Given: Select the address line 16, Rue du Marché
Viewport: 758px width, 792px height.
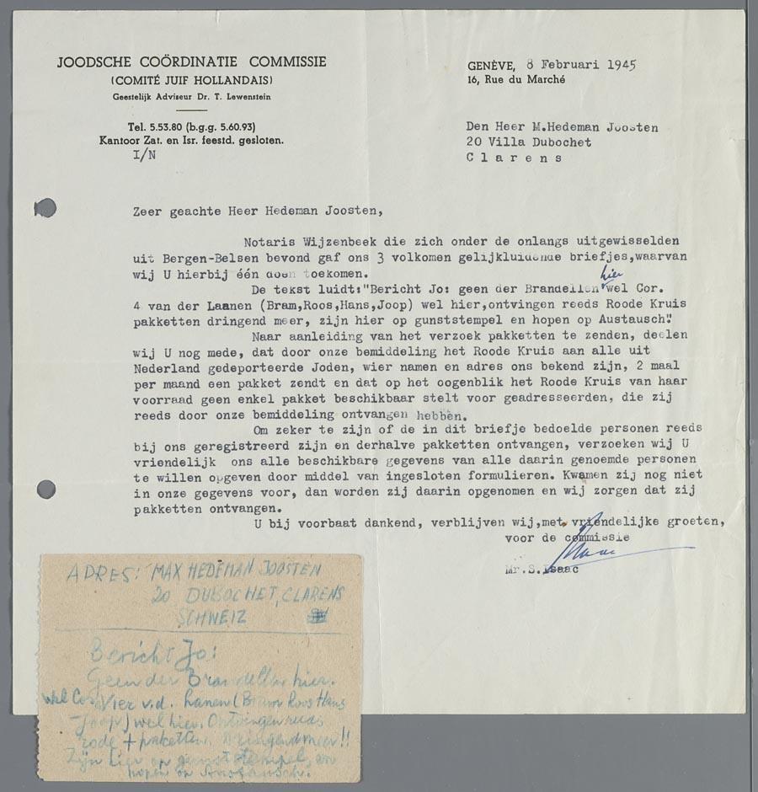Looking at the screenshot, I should coord(517,80).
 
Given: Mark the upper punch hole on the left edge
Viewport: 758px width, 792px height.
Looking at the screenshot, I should coord(45,206).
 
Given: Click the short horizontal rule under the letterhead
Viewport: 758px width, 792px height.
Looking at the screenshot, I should coord(193,110).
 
